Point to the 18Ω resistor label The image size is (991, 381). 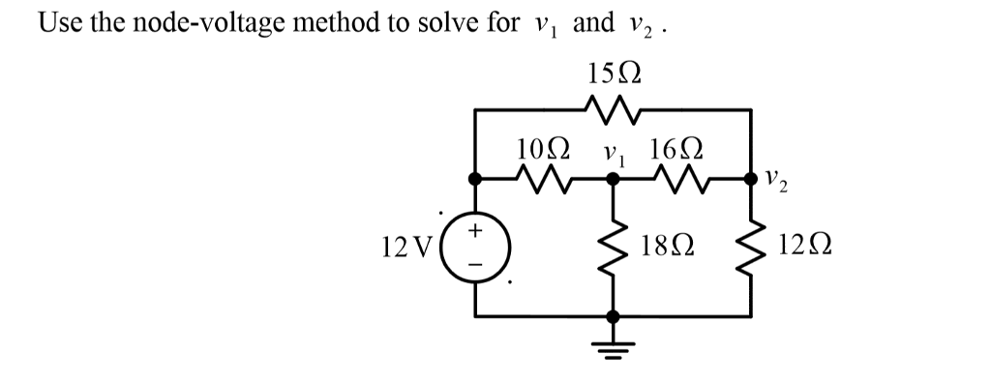click(x=664, y=250)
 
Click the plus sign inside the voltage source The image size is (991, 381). click(x=475, y=233)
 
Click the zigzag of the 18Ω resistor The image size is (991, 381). click(x=612, y=249)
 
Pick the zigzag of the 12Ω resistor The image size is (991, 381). click(x=751, y=249)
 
